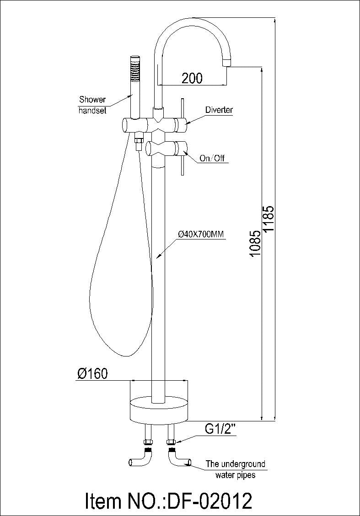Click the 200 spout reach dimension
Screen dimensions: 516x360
coord(192,78)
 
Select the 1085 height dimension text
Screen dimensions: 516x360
coord(256,243)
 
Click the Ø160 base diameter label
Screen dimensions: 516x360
coord(92,374)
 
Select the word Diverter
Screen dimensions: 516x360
coord(219,110)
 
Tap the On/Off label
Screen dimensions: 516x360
coord(213,159)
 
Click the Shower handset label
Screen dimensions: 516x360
coord(92,105)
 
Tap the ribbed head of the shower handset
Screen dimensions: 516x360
coord(135,67)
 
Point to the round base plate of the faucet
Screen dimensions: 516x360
coord(159,409)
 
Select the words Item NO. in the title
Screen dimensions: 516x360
coord(125,500)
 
